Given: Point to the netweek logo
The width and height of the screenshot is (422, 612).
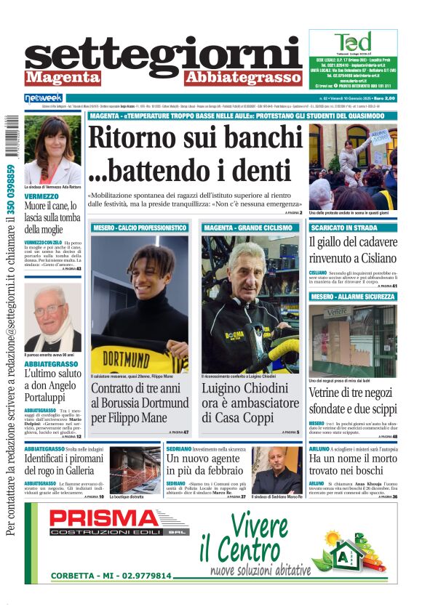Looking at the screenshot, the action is click(x=44, y=97).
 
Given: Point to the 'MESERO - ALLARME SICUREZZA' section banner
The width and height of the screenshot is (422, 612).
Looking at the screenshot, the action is click(x=353, y=297).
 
